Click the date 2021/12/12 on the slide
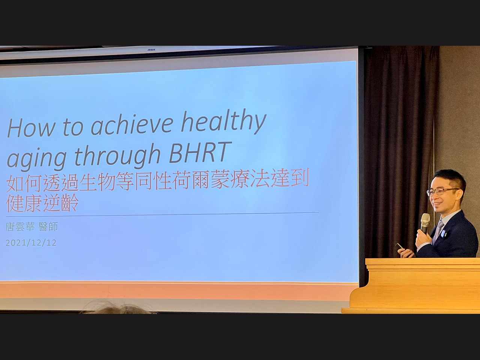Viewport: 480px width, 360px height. click(x=31, y=243)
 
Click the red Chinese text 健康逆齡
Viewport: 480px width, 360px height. click(x=42, y=202)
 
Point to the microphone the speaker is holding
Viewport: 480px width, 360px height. click(x=425, y=223)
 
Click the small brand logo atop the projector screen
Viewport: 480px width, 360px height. click(x=151, y=50)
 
